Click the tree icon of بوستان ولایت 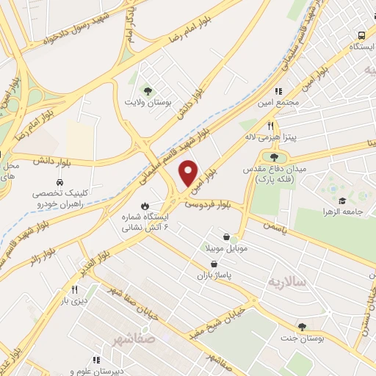coord(148,91)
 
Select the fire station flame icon coord(144,206)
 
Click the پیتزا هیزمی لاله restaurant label coord(270,137)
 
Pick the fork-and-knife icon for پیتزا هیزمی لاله coord(270,126)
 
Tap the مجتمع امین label coord(278,102)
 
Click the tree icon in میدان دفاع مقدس coord(274,156)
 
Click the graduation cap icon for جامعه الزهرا coord(341,200)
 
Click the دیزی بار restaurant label coord(74,300)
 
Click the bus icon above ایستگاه coord(361,35)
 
